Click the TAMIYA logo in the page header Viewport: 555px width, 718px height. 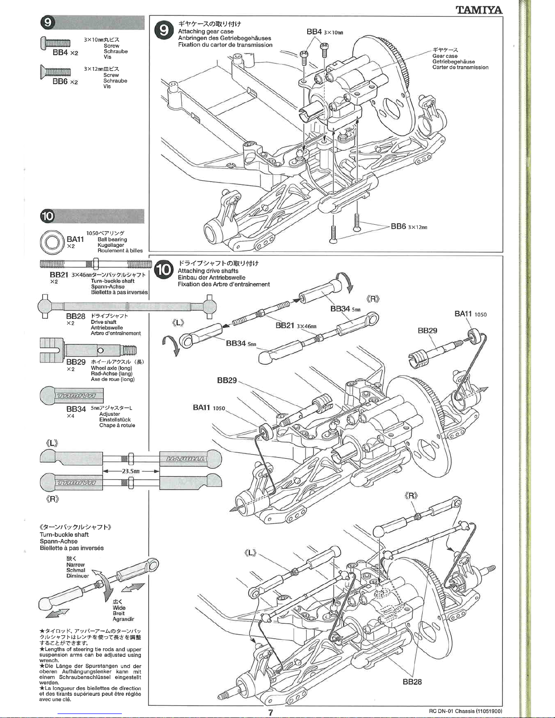coord(479,10)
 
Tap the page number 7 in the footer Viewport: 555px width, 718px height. coord(270,713)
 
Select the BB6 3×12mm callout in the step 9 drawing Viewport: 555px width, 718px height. coord(409,226)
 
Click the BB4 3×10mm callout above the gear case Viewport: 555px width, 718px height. coord(325,32)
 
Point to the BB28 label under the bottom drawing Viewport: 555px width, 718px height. coord(412,682)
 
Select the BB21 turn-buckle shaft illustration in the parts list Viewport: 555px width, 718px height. coord(96,264)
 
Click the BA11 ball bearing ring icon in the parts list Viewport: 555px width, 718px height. coord(51,243)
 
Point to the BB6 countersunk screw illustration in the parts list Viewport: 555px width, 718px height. coord(55,71)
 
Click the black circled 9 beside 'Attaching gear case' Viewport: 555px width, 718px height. coord(163,30)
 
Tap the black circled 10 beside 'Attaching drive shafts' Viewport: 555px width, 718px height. coord(163,270)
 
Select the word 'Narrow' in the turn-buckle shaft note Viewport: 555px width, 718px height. coord(75,565)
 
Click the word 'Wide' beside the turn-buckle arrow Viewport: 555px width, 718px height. coord(119,608)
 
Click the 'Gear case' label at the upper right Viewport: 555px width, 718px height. coord(445,56)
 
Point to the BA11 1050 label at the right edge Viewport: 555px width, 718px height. coord(470,314)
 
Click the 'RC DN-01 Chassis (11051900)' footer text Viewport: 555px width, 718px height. coord(465,711)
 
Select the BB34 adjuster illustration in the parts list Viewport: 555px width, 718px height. coord(72,395)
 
